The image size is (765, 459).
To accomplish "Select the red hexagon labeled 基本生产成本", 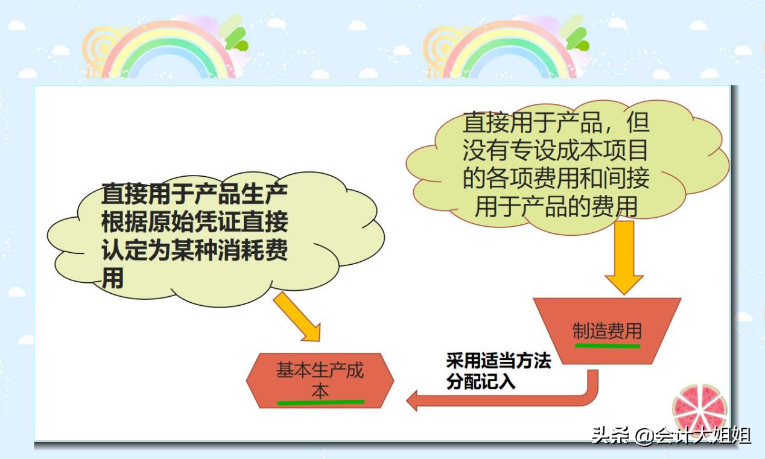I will [320, 380].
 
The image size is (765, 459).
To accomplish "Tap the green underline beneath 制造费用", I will [607, 346].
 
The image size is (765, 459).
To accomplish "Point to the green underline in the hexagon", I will [320, 402].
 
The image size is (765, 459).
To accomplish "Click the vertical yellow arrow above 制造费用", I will [624, 256].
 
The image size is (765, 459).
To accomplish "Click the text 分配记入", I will [481, 382].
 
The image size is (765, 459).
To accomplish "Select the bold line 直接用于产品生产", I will [194, 194].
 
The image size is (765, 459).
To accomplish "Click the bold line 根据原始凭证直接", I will [194, 223].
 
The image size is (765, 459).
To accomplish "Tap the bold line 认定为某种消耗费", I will [194, 250].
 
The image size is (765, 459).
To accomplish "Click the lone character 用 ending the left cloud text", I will [113, 277].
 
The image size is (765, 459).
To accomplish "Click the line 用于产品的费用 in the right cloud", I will [556, 206].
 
